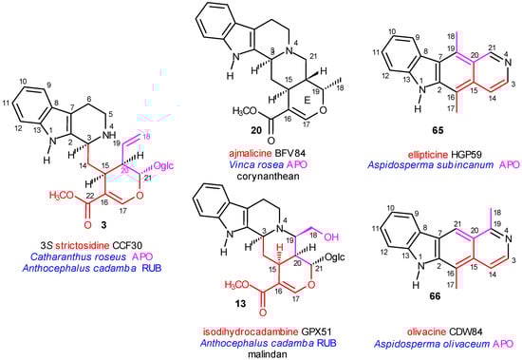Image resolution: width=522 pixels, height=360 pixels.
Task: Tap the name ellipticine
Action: click(418, 148)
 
